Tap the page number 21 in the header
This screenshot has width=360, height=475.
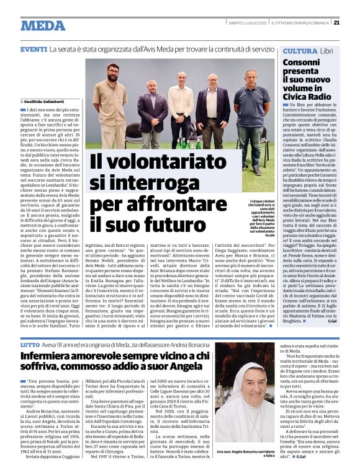click(336, 23)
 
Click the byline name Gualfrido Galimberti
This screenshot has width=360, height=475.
click(45, 100)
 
